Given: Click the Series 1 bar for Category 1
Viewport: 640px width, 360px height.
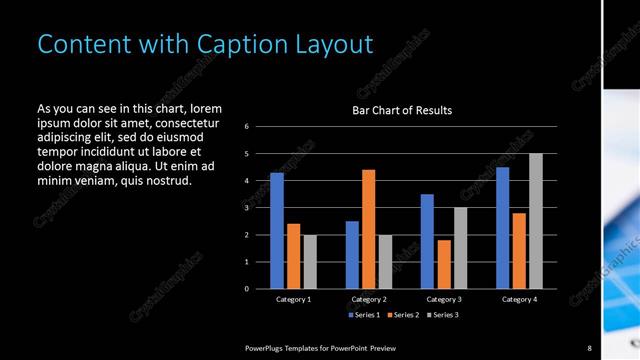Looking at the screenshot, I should tap(277, 231).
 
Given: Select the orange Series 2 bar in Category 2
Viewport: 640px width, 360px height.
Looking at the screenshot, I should tap(368, 229).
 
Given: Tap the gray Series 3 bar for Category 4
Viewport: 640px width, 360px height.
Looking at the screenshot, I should tap(535, 221).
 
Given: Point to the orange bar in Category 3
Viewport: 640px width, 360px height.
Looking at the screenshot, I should tap(443, 264).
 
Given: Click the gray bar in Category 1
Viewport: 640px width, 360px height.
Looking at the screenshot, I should tap(310, 262).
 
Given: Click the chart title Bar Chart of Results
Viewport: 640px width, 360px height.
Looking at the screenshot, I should tap(402, 110).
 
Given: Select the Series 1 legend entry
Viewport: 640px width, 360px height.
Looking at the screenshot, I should tap(364, 315).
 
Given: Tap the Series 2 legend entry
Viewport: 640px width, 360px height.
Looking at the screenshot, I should tap(403, 315).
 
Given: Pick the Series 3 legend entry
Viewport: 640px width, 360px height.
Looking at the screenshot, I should tap(441, 315).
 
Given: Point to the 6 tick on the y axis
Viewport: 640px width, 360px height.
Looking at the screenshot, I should tap(247, 127).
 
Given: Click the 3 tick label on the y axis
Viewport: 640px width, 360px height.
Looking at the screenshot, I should tap(247, 208).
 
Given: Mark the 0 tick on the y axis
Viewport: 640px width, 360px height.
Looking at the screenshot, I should tap(247, 289).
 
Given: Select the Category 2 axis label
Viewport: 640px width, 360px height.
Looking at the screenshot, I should tap(368, 299).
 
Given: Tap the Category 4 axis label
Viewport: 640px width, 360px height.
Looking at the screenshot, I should tap(518, 299).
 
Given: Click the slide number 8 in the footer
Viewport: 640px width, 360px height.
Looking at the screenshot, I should tap(589, 347).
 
